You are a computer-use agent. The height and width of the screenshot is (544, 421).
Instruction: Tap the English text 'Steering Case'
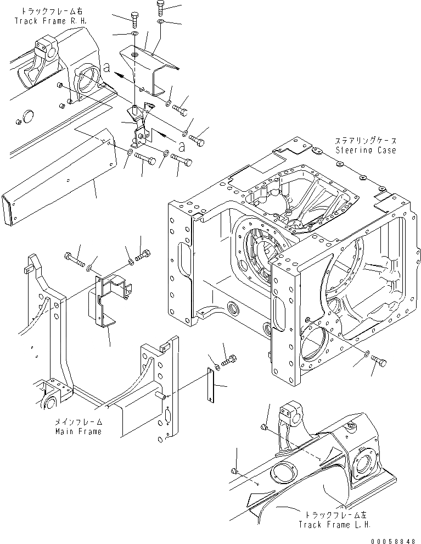(365, 150)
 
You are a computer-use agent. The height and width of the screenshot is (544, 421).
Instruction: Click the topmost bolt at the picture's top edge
(160, 8)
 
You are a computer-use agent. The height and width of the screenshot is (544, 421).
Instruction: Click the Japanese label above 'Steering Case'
(365, 141)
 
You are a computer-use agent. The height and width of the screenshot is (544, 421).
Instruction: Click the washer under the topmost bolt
(160, 21)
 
